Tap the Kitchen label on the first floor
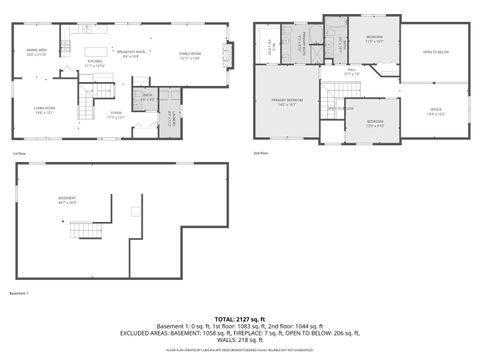(94, 63)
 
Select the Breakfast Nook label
(132, 53)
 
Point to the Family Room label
(191, 56)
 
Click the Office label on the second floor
(435, 111)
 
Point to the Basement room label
(68, 200)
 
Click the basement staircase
(84, 230)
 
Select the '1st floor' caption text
(19, 153)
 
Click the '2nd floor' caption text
(260, 153)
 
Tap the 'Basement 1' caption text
(20, 293)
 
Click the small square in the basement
(135, 211)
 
